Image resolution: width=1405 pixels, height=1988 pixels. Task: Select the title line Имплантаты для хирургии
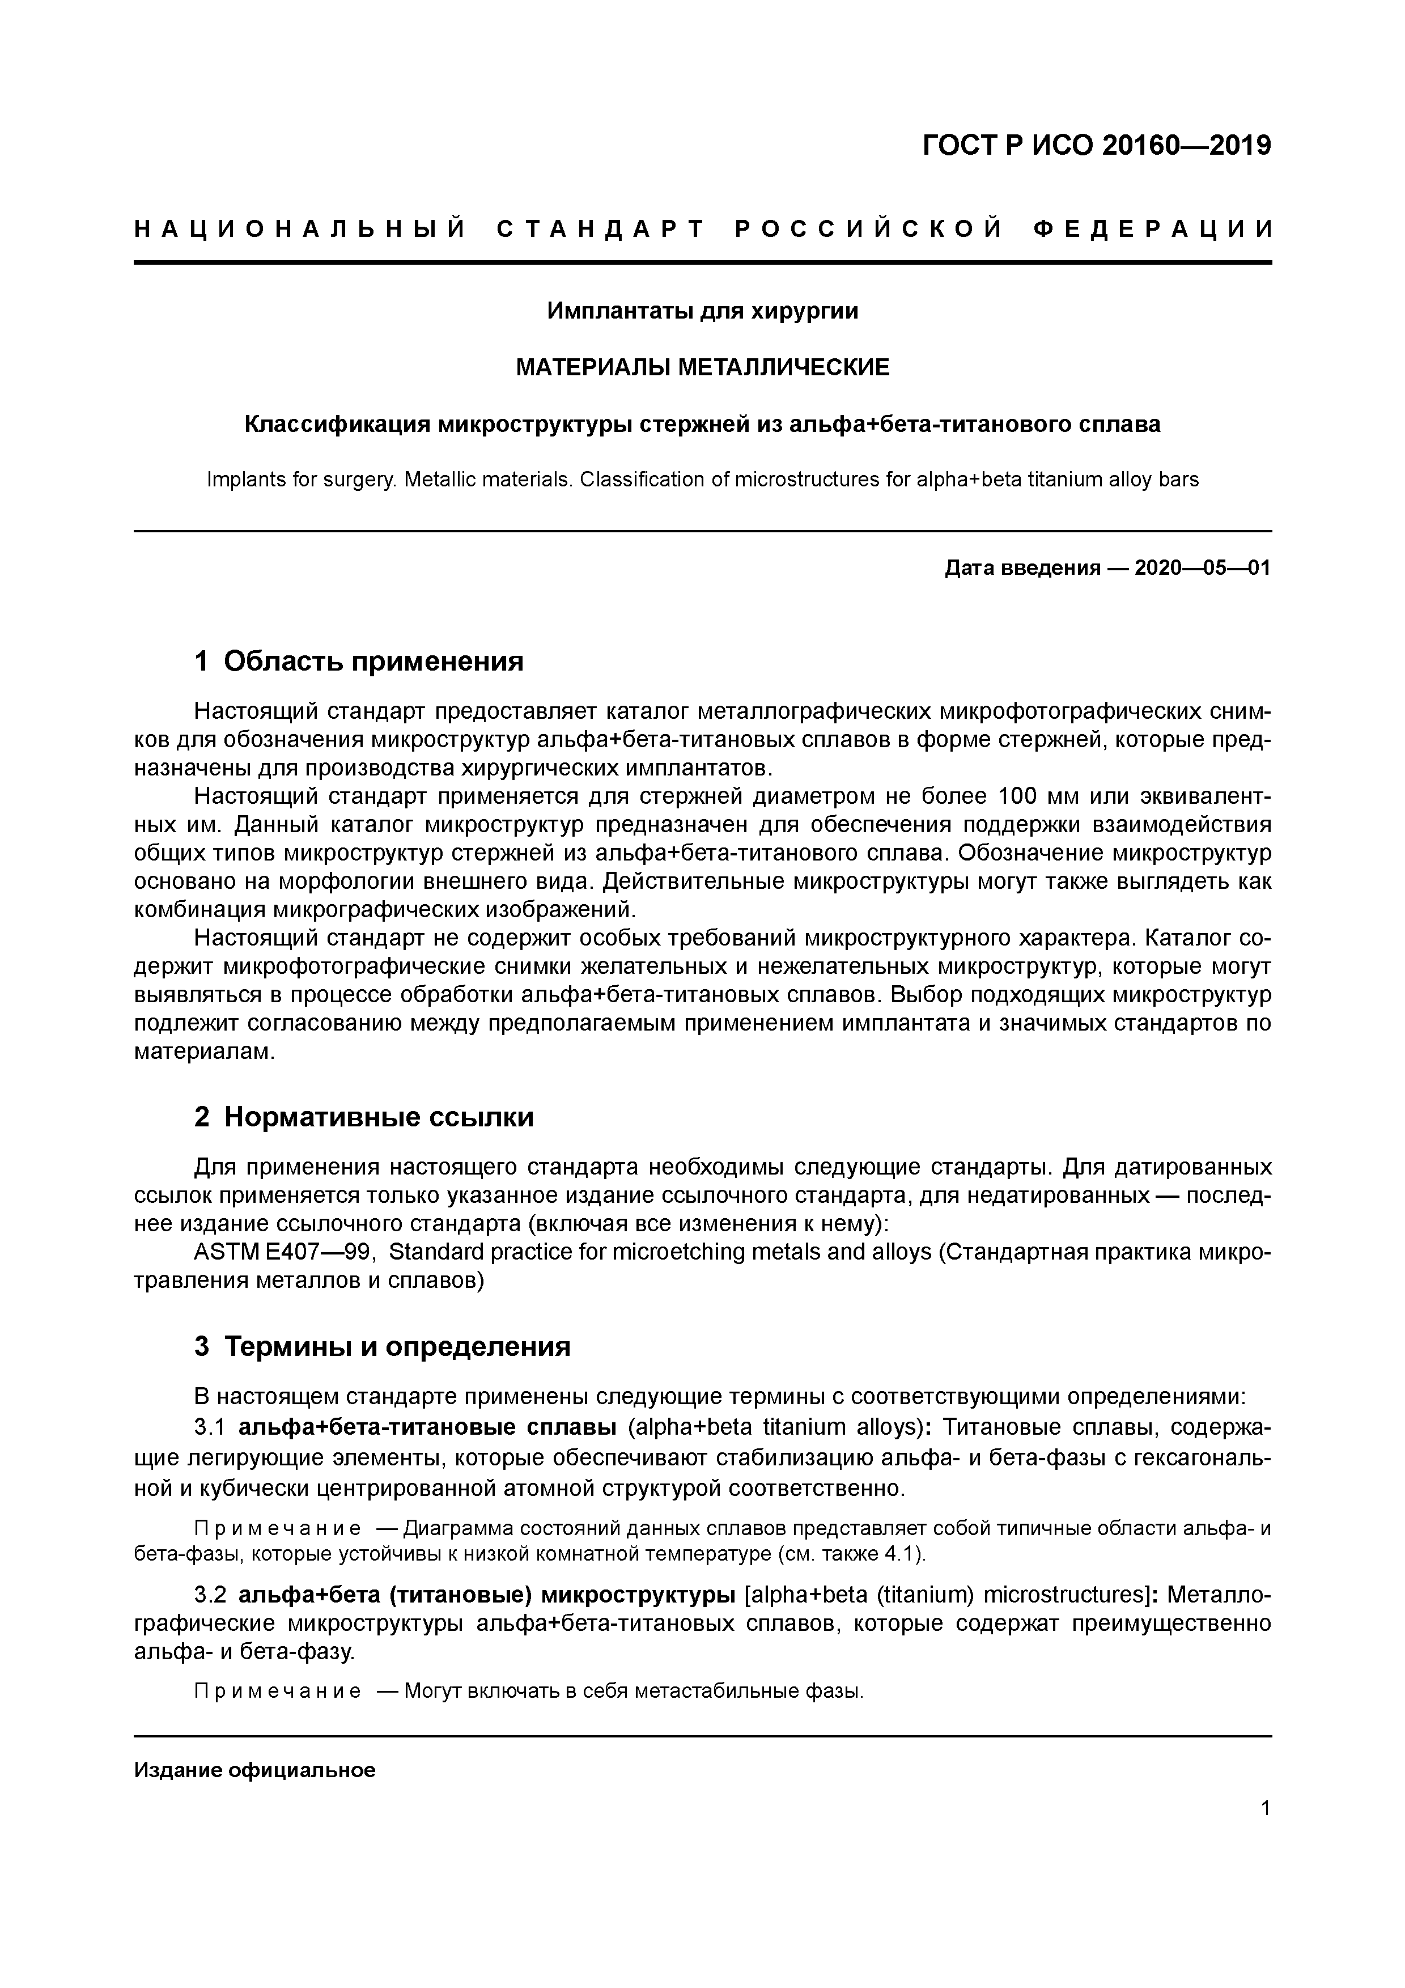702,311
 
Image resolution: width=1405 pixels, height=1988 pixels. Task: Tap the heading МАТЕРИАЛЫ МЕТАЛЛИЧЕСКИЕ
702,368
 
